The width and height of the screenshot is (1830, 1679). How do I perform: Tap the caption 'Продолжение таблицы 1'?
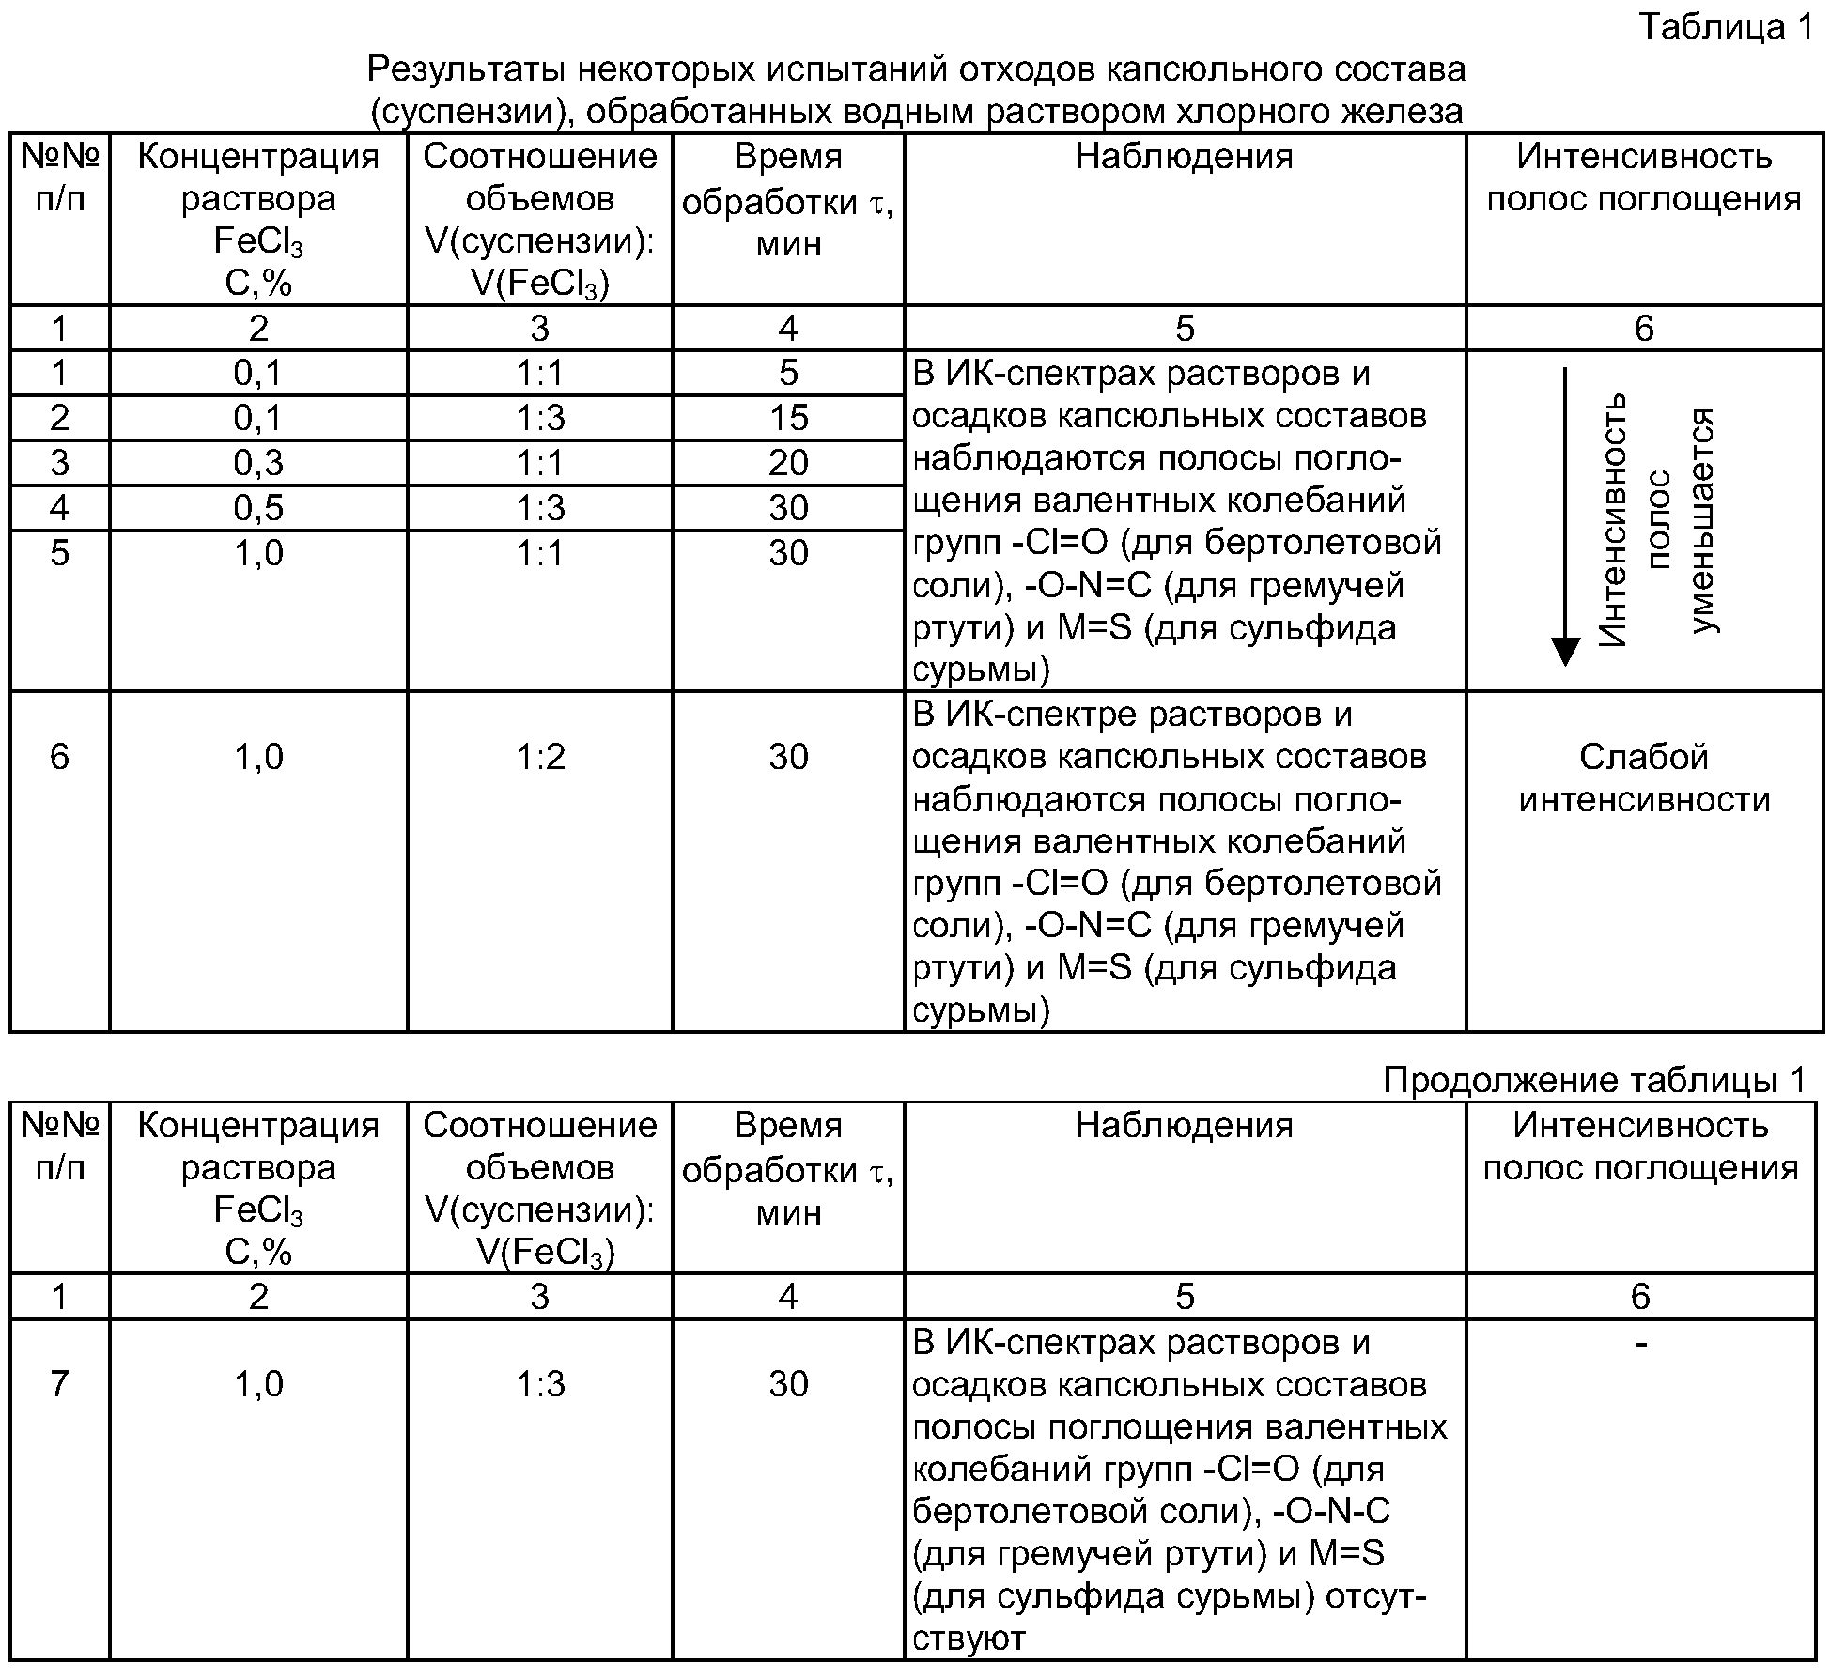[1594, 1080]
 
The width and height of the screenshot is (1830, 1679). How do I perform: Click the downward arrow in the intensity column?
[1564, 517]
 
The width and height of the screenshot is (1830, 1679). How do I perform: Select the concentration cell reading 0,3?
[258, 463]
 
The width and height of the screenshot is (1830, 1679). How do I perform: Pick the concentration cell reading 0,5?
[258, 508]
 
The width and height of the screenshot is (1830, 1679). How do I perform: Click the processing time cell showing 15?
[788, 418]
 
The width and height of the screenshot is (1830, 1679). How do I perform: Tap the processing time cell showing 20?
[788, 463]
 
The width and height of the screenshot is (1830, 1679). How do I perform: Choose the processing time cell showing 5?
[788, 374]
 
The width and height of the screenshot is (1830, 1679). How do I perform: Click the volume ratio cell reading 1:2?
[540, 757]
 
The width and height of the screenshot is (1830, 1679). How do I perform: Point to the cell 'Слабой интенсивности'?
[1644, 778]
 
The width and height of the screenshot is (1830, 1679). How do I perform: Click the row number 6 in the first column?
[59, 757]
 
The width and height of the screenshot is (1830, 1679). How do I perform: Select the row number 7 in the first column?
[59, 1384]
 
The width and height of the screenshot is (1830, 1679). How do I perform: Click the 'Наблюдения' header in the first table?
[1184, 157]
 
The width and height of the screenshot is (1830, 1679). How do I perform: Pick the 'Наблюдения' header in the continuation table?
[1184, 1125]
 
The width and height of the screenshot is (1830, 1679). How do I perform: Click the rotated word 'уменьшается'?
[1702, 521]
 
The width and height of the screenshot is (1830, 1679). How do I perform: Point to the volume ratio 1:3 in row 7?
[540, 1384]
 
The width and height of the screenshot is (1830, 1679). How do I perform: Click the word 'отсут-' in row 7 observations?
[1374, 1596]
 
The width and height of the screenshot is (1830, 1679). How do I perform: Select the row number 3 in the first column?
[59, 463]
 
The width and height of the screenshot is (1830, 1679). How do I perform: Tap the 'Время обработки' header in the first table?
[788, 199]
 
